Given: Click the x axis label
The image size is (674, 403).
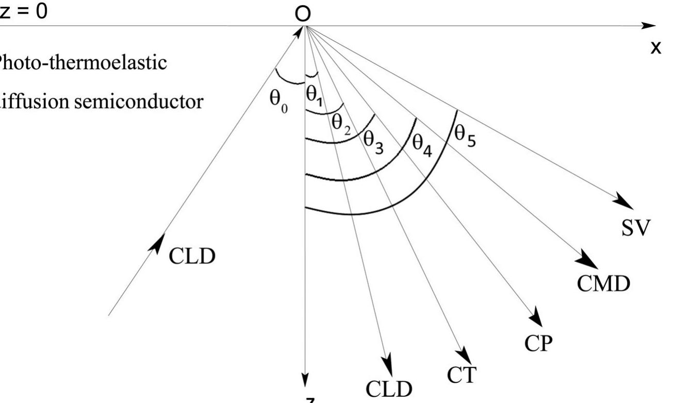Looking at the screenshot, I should (655, 47).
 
